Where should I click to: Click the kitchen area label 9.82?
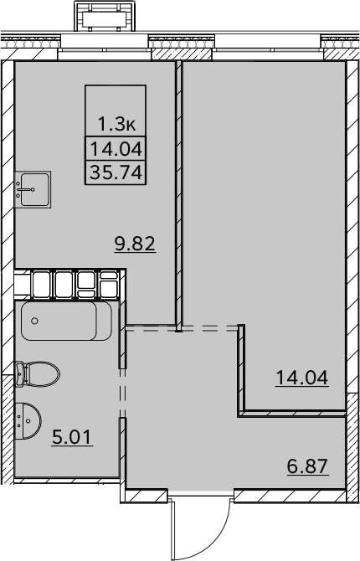(135, 244)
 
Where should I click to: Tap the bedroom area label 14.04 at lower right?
(301, 378)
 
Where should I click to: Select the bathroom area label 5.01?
(72, 437)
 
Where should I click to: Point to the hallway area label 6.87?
(308, 466)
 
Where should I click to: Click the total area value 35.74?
(116, 172)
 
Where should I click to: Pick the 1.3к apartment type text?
(116, 125)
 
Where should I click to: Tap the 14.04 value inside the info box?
(116, 149)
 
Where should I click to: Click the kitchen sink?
(33, 189)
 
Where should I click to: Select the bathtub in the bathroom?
(66, 321)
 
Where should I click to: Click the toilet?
(37, 374)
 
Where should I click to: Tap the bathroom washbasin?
(28, 420)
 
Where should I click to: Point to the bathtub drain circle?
(34, 321)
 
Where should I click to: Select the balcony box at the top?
(105, 16)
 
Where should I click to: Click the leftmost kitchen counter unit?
(42, 284)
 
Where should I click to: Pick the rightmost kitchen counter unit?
(109, 284)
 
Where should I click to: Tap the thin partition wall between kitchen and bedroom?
(179, 196)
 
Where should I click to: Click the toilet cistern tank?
(19, 374)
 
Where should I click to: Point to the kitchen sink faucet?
(26, 189)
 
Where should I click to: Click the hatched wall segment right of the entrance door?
(290, 496)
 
